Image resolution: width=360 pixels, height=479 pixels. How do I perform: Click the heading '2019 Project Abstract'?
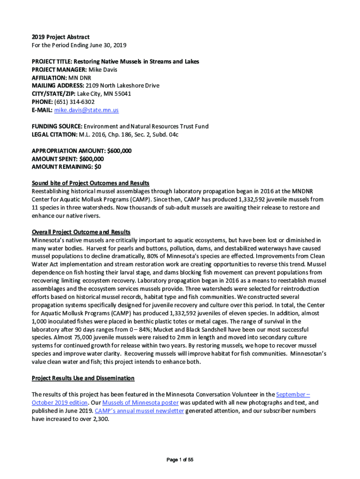(60, 37)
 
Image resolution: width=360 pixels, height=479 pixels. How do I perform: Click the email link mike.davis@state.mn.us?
(86, 110)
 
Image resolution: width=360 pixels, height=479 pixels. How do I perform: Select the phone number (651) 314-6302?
(74, 102)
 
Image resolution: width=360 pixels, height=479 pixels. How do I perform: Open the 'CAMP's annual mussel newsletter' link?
(139, 411)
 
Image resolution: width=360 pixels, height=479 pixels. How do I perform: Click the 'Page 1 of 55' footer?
(180, 460)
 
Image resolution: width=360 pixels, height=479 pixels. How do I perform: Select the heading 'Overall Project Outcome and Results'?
(81, 232)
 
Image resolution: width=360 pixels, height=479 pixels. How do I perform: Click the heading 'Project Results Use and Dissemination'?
(83, 378)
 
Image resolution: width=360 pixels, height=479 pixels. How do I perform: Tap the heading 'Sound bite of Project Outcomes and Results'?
(90, 183)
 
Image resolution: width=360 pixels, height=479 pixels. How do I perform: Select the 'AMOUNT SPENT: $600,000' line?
(68, 159)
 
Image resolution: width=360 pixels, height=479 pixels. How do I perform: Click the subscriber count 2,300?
(100, 419)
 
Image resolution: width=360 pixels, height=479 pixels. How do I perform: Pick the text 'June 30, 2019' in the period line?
(107, 45)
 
